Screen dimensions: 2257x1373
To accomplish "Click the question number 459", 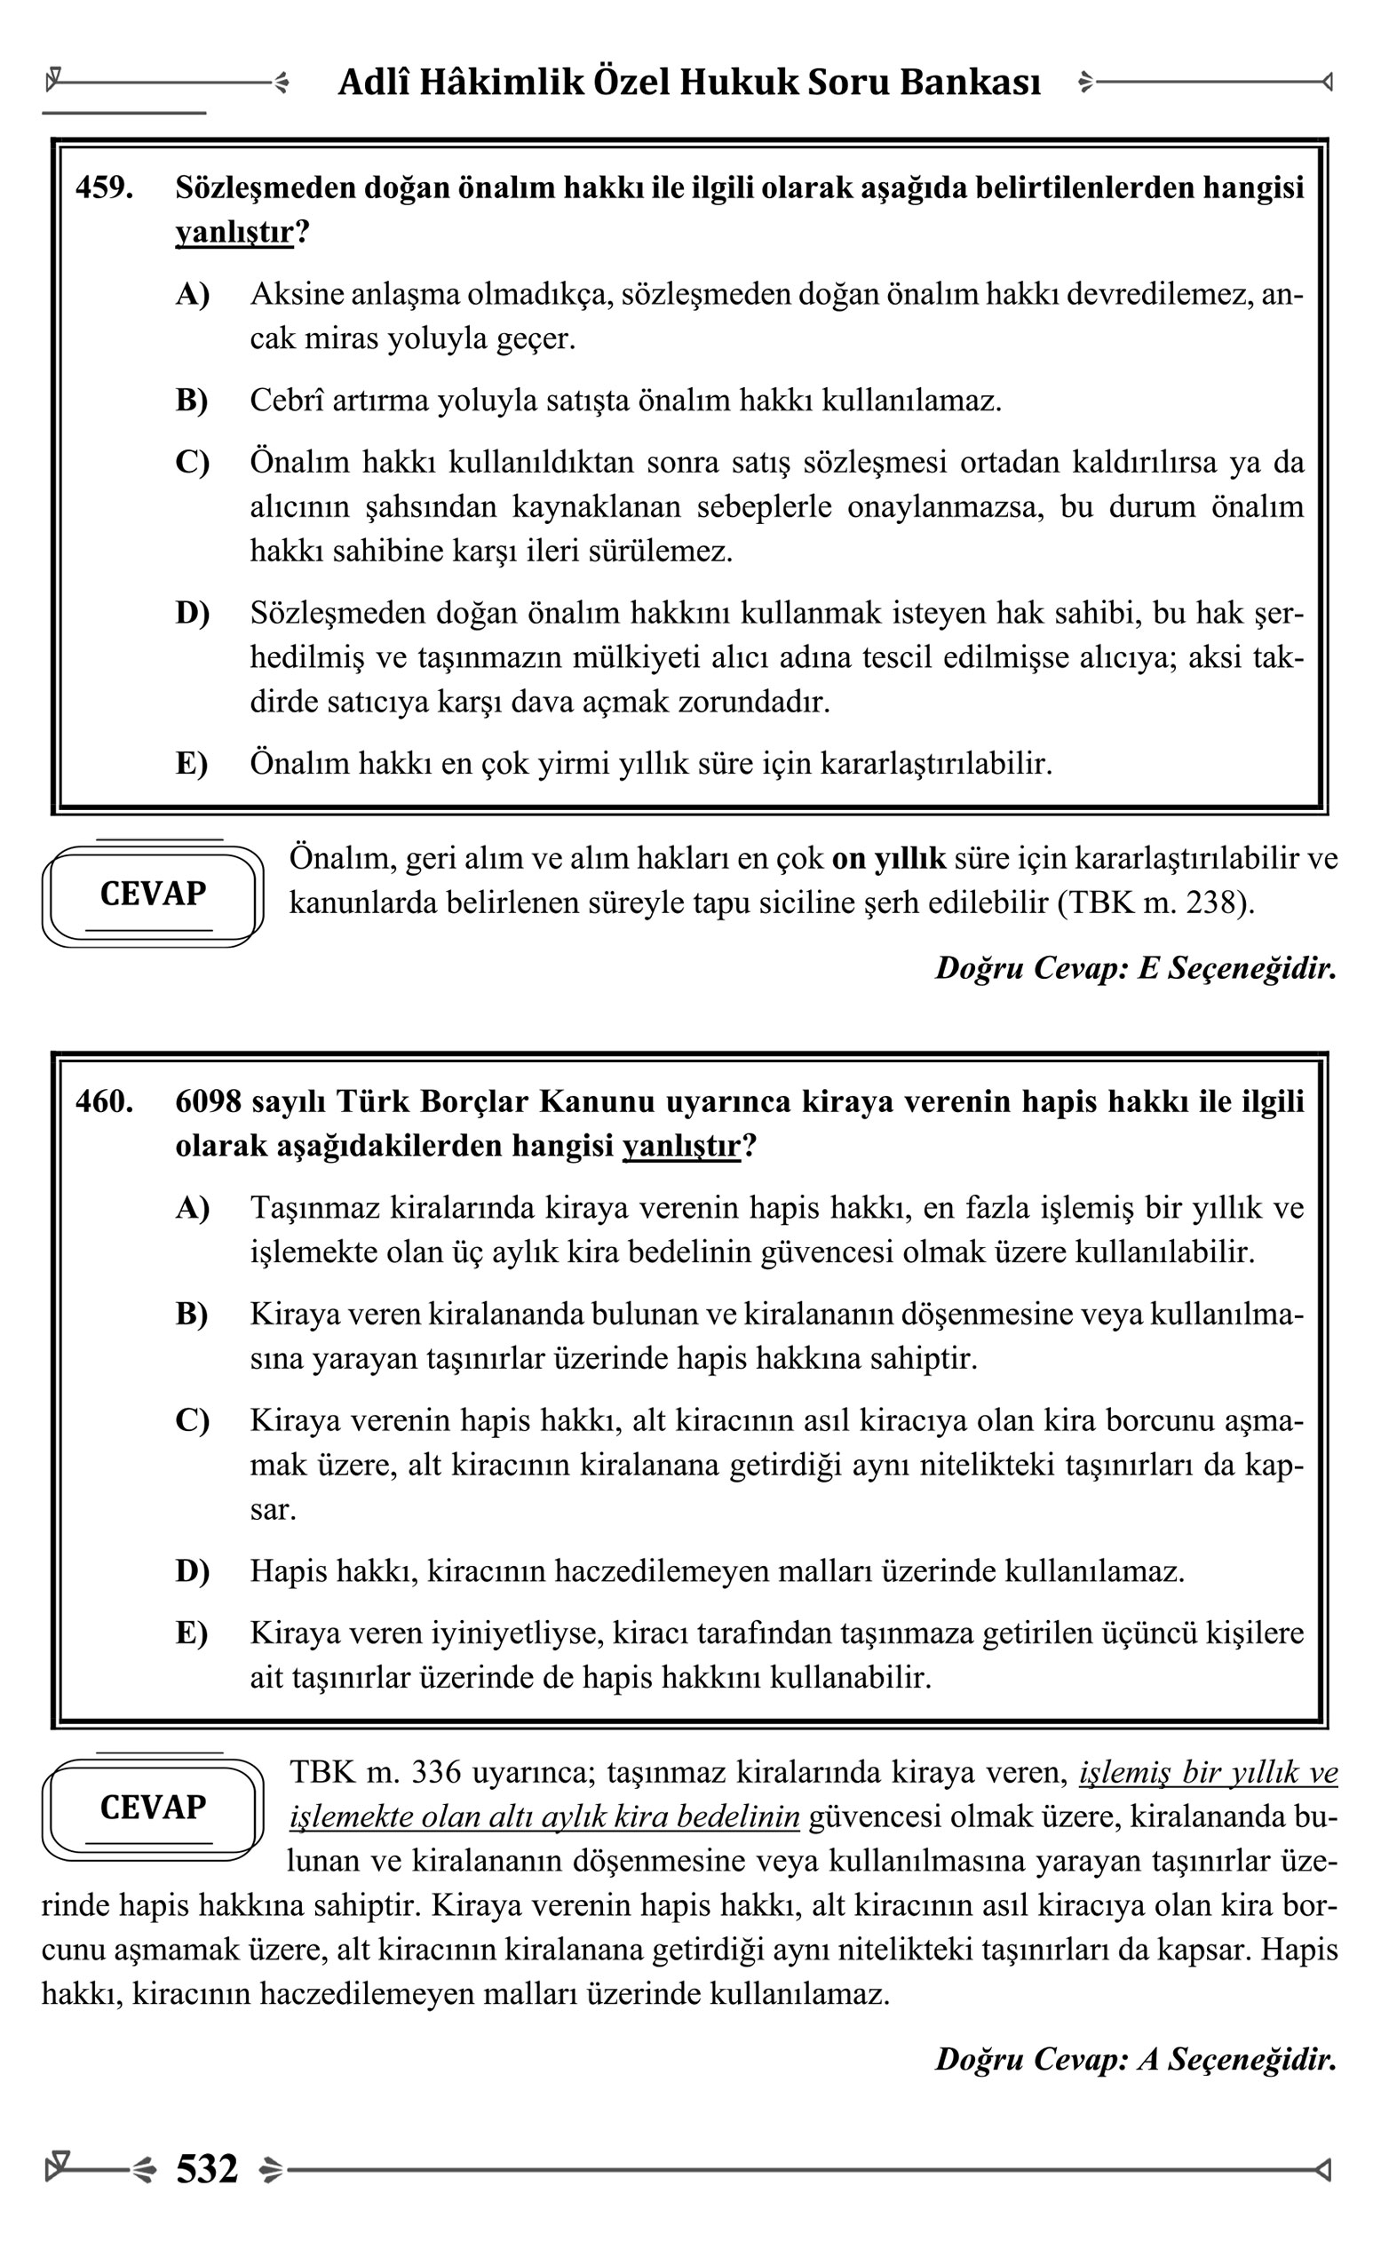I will [x=104, y=187].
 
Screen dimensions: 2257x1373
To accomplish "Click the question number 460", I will [x=104, y=1101].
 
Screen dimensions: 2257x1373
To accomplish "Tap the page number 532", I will [x=207, y=2168].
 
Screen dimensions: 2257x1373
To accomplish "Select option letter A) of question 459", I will [x=193, y=294].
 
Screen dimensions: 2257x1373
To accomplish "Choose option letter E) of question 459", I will [x=192, y=763].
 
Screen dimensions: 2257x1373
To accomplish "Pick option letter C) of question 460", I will [x=193, y=1420].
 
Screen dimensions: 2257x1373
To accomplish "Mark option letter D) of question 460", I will [x=193, y=1571].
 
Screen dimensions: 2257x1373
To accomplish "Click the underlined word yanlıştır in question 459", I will [x=234, y=233].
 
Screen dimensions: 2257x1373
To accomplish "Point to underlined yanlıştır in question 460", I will [x=680, y=1146].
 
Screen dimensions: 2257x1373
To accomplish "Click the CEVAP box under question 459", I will [x=153, y=894].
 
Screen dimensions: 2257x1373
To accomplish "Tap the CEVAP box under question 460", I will [x=153, y=1808].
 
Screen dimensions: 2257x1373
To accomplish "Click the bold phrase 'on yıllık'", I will [x=888, y=859].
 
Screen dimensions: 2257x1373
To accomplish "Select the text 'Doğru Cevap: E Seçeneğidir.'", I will [x=1135, y=968].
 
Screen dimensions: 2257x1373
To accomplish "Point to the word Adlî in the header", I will [x=372, y=83].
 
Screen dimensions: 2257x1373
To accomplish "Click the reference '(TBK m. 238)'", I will [x=1155, y=903].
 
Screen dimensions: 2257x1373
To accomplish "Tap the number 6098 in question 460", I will [x=208, y=1101].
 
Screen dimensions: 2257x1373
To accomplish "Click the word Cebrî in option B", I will [x=287, y=401].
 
